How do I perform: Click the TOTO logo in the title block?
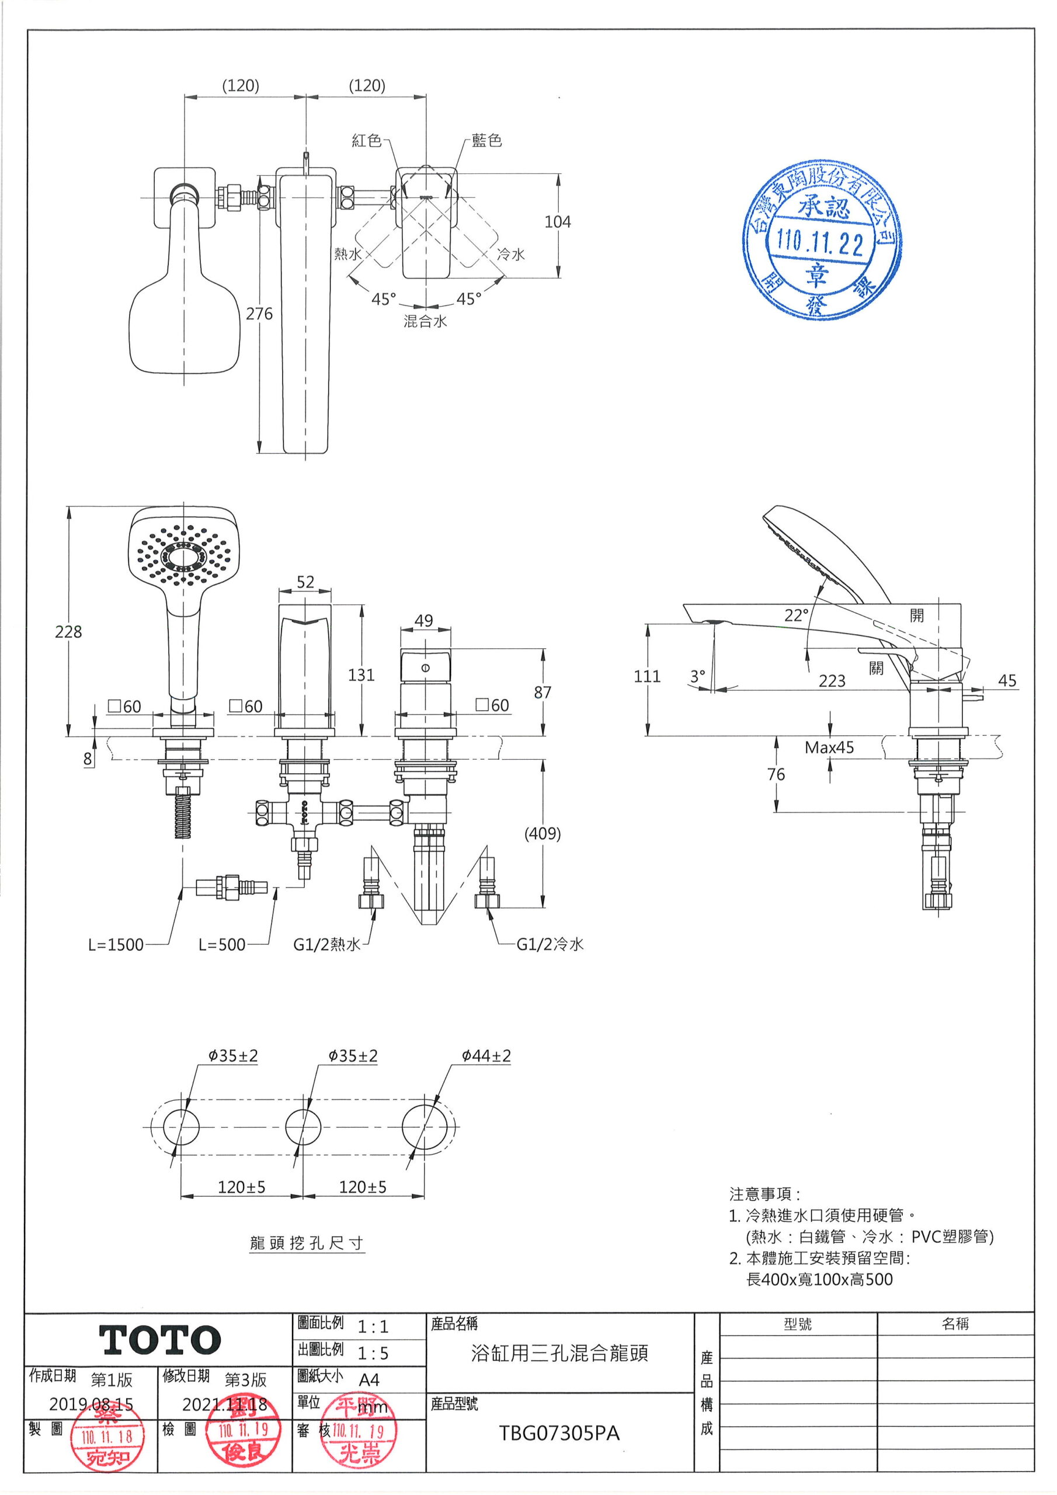[159, 1340]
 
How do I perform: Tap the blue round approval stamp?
[821, 239]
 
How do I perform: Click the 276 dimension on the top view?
[259, 314]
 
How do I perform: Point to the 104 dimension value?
[558, 222]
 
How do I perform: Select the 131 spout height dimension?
[361, 675]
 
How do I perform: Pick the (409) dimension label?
[543, 833]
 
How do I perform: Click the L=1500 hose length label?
[116, 945]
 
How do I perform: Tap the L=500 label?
[222, 945]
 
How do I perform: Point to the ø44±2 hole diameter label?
[486, 1055]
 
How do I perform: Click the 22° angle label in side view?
[796, 616]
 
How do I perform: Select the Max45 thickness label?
[829, 747]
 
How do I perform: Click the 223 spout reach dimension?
[832, 681]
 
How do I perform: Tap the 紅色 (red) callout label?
[367, 141]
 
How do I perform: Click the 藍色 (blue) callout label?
[487, 141]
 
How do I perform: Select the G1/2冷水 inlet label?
[550, 945]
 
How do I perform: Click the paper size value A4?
[368, 1380]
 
